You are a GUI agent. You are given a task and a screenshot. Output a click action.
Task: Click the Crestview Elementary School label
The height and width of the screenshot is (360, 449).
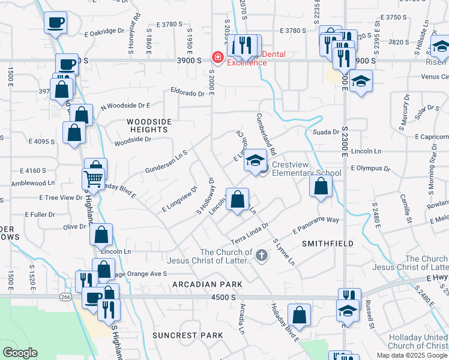tap(306, 169)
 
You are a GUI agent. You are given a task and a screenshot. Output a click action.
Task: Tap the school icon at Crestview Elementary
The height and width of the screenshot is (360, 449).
tap(256, 160)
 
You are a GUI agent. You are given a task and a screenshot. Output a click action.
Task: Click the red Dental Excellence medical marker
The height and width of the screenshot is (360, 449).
tap(217, 58)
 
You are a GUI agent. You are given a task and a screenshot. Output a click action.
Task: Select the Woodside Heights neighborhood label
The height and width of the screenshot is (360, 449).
tap(149, 125)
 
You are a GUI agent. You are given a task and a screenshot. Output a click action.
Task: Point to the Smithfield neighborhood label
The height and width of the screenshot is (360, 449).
tap(327, 244)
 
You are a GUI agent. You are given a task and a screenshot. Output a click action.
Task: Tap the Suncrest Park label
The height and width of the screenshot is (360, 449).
tap(179, 334)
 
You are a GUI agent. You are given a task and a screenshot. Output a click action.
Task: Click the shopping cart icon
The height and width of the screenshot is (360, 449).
tap(94, 178)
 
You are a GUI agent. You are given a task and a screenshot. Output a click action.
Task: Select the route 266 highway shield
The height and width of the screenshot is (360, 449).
tap(65, 296)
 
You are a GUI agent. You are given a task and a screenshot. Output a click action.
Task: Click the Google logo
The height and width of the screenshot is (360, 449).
tap(20, 353)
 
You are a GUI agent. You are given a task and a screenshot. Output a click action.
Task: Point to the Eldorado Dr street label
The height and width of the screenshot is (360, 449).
tap(187, 93)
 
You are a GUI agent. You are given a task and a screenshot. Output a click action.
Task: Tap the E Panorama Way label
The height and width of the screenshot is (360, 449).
tap(316, 226)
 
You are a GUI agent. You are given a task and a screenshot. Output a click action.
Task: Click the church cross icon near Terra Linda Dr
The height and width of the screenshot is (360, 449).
tap(261, 256)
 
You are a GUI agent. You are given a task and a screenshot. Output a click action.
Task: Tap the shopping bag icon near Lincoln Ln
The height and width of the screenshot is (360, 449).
tap(101, 235)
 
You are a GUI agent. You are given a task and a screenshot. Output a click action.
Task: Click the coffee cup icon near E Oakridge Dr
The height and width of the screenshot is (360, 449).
tap(55, 23)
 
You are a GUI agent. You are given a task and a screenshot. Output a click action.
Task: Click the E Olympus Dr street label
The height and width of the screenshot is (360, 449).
tap(370, 169)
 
